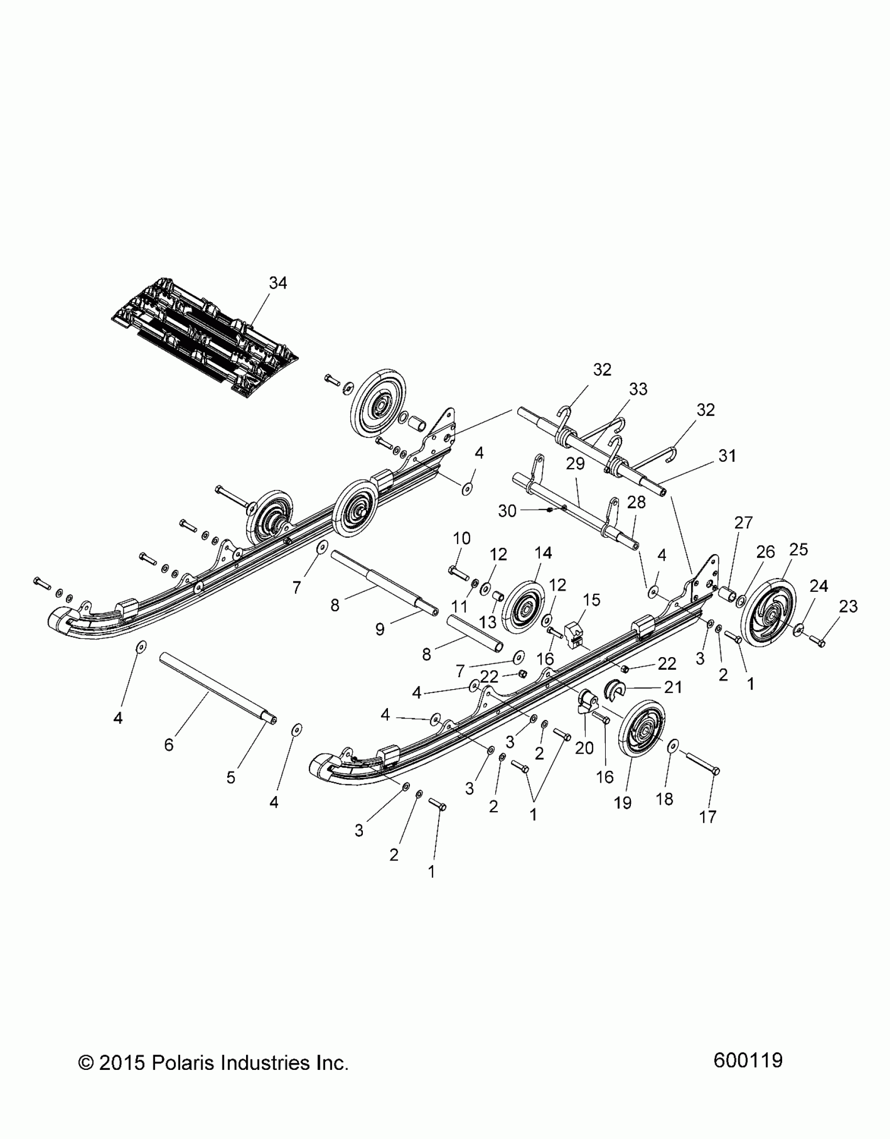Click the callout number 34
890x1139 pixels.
click(x=278, y=283)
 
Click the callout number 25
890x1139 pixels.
click(x=798, y=549)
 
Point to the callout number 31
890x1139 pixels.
click(x=727, y=456)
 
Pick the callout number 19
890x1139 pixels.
click(x=622, y=802)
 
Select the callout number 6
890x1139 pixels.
click(x=169, y=744)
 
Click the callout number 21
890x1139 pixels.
click(x=673, y=686)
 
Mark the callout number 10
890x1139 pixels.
click(x=462, y=538)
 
